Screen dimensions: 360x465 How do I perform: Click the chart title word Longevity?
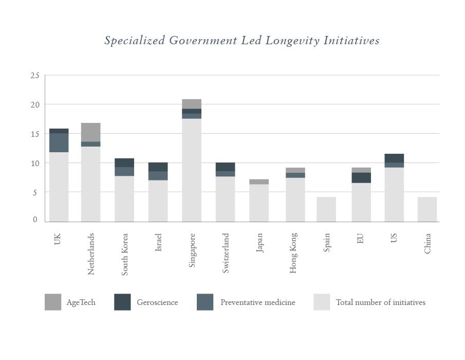click(x=292, y=41)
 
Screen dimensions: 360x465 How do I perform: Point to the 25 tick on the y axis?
click(x=34, y=76)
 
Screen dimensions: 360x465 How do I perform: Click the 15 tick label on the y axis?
click(x=34, y=134)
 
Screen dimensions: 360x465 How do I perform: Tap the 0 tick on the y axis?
click(x=35, y=220)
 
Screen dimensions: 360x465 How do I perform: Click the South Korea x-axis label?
click(x=125, y=255)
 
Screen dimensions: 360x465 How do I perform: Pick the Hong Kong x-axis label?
click(x=293, y=253)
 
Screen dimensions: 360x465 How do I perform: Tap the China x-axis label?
click(x=427, y=243)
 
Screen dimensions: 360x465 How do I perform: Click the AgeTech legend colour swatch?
click(x=53, y=302)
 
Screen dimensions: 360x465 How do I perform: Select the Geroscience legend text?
click(x=157, y=302)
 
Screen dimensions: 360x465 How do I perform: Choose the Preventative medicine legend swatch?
click(x=205, y=302)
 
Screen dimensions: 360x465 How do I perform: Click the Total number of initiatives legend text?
click(x=381, y=302)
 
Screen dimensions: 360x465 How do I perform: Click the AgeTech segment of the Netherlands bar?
click(x=91, y=132)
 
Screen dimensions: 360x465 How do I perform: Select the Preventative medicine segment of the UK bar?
click(x=59, y=142)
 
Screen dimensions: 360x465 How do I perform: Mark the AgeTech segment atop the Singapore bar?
click(x=192, y=104)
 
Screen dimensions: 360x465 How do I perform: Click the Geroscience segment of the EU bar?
click(x=361, y=177)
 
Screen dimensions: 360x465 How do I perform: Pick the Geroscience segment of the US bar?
click(x=394, y=158)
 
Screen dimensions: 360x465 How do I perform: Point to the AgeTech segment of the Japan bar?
click(x=259, y=182)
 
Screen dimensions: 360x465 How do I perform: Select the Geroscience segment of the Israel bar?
click(x=158, y=167)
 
